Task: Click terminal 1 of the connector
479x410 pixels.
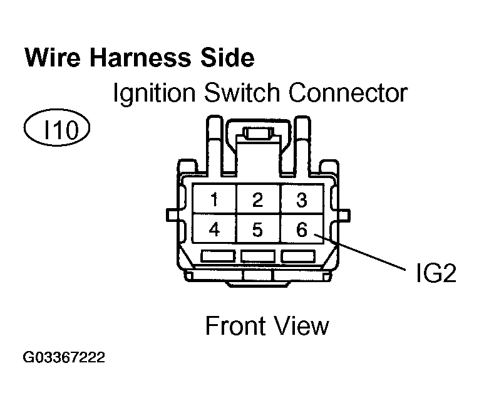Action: point(214,201)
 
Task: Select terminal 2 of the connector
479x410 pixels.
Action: point(257,201)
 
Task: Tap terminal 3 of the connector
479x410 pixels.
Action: point(301,201)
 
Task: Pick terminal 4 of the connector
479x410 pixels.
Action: point(214,230)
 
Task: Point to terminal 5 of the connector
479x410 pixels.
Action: point(257,230)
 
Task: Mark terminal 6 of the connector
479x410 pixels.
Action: point(301,230)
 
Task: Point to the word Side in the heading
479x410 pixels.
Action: point(227,58)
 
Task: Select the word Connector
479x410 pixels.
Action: point(348,93)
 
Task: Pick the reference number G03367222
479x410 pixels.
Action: point(64,359)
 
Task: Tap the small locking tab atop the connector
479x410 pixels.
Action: point(257,134)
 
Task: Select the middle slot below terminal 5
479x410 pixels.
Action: point(257,256)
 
